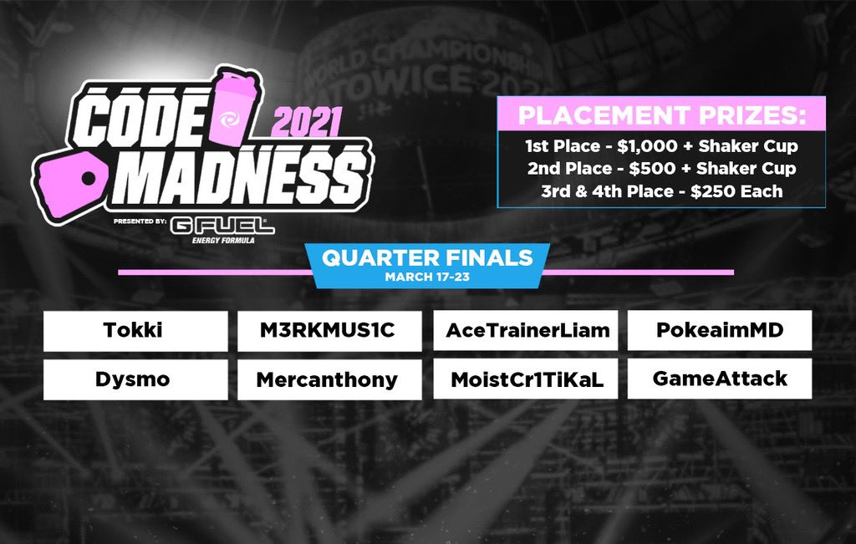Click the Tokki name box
click(135, 331)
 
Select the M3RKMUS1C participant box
click(329, 331)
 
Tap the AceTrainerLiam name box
click(523, 331)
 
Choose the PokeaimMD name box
click(719, 331)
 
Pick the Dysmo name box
click(135, 379)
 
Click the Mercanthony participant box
click(329, 379)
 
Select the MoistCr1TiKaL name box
click(523, 379)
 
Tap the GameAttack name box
click(719, 379)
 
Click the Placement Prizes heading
click(660, 113)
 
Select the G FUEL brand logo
click(222, 228)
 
